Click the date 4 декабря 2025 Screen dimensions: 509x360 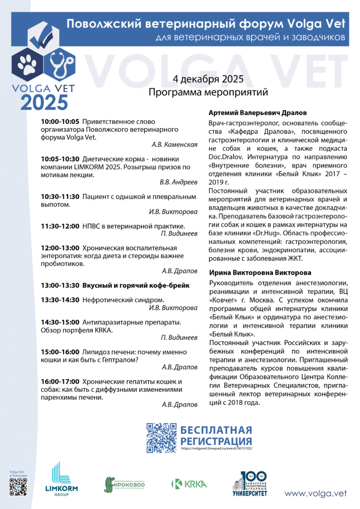[x=208, y=80]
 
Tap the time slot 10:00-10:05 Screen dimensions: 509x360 [x=60, y=121]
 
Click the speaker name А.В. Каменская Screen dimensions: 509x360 [x=175, y=145]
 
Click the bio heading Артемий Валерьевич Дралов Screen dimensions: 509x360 [x=258, y=113]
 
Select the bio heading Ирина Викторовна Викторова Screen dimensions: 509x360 [x=260, y=273]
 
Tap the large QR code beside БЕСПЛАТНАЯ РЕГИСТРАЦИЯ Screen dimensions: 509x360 [x=162, y=437]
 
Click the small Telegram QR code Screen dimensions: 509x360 [x=17, y=487]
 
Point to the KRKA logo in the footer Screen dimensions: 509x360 [x=189, y=483]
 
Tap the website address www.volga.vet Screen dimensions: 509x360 [x=315, y=493]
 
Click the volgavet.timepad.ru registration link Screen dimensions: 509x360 [x=217, y=448]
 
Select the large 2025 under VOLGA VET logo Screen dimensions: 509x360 [x=43, y=101]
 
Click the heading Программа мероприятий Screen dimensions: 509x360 [x=208, y=92]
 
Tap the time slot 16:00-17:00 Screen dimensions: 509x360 [x=60, y=381]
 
